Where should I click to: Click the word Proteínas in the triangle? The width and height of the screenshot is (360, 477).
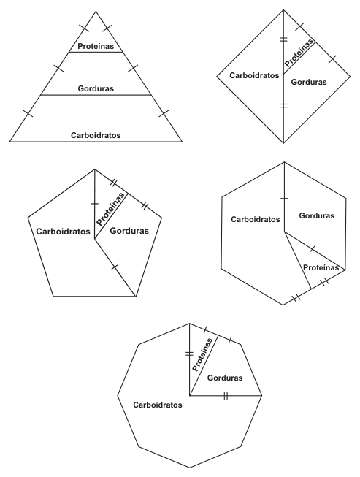point(96,46)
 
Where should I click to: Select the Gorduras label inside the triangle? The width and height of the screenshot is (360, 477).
point(96,88)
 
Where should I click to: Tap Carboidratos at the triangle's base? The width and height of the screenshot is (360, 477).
point(96,135)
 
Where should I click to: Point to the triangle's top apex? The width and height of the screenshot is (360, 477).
point(96,11)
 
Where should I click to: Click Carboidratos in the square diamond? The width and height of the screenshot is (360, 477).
point(254,75)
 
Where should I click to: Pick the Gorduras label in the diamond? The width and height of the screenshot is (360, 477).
point(309,82)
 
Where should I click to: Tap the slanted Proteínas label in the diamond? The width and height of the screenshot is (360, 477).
point(299,53)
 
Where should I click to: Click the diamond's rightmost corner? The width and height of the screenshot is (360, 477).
point(351,77)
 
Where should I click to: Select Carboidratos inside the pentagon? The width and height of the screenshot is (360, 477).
point(64,232)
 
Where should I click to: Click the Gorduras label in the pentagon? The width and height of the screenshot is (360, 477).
point(129,231)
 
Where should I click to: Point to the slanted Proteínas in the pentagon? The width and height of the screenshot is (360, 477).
point(111,209)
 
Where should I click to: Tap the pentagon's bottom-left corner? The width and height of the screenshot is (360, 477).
point(53,296)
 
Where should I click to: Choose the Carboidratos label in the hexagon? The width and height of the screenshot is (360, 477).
point(256,219)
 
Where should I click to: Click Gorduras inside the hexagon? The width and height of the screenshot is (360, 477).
point(316,215)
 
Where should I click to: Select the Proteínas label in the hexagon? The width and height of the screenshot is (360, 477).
point(321,267)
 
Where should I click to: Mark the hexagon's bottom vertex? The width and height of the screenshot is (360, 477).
point(283,305)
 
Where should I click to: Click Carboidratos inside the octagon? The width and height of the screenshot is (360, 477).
point(158,405)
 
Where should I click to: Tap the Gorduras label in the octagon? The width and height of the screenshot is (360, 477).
point(225,378)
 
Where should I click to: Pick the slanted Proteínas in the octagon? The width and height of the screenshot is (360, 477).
point(202,355)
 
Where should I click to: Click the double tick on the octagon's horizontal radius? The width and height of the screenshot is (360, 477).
point(226,396)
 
